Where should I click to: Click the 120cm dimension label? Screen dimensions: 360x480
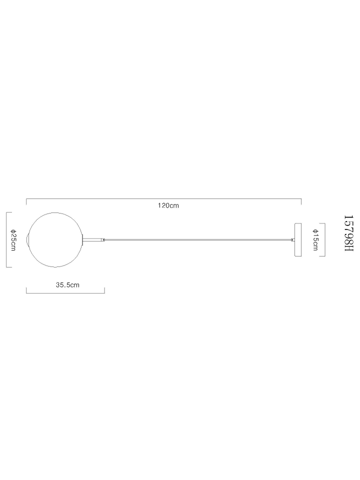pyautogui.click(x=168, y=205)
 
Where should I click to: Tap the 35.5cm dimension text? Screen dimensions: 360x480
pyautogui.click(x=67, y=285)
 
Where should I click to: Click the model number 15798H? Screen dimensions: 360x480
pyautogui.click(x=349, y=233)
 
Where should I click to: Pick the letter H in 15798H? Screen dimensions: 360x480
pyautogui.click(x=349, y=248)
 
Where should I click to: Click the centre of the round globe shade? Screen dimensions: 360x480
pyautogui.click(x=55, y=239)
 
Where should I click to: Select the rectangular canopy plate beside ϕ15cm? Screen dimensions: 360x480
pyautogui.click(x=298, y=239)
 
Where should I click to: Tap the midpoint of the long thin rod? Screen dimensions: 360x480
pyautogui.click(x=198, y=239)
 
